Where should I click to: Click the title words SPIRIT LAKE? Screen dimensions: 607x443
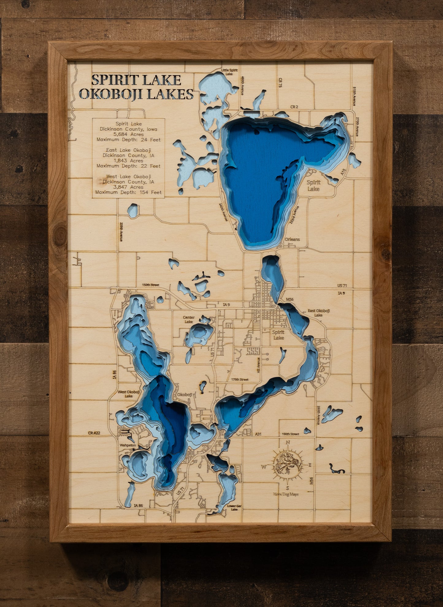tap(136, 80)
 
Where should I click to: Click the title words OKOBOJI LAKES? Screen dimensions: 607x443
tap(136, 94)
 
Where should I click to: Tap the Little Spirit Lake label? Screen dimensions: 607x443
tap(229, 72)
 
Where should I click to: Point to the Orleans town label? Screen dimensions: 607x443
tap(292, 239)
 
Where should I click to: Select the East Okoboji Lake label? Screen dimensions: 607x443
tap(319, 313)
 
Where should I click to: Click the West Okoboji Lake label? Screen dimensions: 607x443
tap(129, 394)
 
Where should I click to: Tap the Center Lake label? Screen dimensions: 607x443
tap(189, 320)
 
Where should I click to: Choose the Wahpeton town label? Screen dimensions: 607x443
tap(128, 445)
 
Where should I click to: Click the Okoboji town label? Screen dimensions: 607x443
tap(185, 394)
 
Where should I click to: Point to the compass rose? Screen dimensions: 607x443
tap(288, 465)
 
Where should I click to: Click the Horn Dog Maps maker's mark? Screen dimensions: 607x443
tap(286, 494)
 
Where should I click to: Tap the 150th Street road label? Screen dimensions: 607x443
tap(151, 285)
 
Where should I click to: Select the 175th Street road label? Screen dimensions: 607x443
tap(240, 379)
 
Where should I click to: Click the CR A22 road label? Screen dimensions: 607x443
tap(94, 433)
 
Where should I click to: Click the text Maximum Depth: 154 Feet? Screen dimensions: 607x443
tap(128, 192)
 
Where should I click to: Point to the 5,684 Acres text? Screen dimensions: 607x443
tap(128, 134)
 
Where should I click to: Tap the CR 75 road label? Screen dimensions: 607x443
tap(280, 83)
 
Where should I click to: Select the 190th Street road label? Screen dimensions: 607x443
tap(290, 434)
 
